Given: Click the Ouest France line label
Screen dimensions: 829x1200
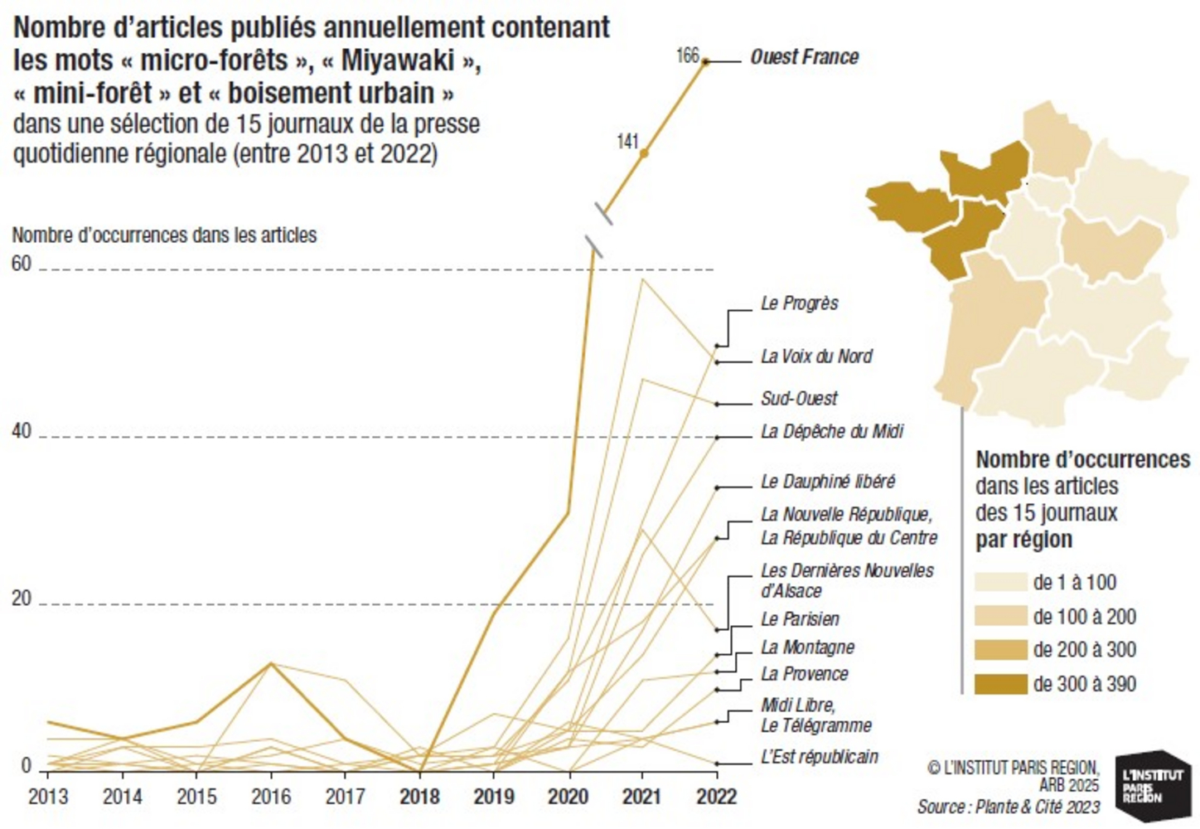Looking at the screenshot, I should coord(804,57).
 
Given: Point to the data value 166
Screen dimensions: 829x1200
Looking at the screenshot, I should coord(688,56).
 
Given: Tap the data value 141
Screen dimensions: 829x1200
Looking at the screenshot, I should coord(627,142).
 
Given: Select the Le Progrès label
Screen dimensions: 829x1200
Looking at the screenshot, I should coord(800,303).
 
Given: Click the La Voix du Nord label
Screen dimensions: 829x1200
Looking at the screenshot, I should coord(816,356).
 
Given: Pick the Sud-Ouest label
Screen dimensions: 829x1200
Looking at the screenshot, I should coord(799,399).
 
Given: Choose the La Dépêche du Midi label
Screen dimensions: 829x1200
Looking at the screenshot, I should coord(832,432).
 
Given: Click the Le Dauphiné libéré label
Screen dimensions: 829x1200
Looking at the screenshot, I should coord(828,482).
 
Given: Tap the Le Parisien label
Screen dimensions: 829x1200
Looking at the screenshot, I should coord(800,619).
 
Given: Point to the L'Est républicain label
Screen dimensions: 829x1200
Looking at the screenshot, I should coord(820,757).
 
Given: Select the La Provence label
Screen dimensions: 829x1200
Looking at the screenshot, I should coord(805,674).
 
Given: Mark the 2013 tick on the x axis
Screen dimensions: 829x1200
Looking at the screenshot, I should coord(49,797).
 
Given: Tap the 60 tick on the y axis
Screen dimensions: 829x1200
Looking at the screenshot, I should coord(22,264).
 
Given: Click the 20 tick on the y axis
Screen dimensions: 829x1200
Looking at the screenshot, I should coord(22,599).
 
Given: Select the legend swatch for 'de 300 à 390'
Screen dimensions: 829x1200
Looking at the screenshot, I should coord(1000,684).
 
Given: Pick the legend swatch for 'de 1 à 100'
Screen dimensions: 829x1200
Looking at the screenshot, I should coord(1000,582).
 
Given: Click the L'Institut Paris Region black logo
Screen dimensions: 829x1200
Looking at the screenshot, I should coord(1153,785).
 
